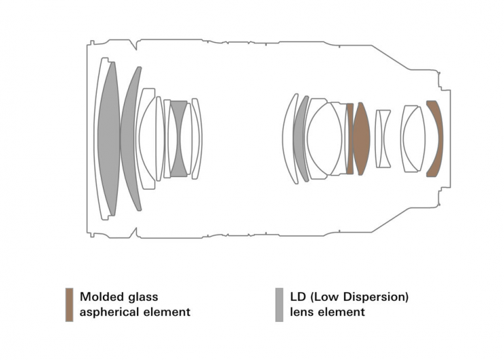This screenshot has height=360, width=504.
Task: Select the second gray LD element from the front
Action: pos(131,140)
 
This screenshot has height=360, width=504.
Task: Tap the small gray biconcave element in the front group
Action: pos(178,139)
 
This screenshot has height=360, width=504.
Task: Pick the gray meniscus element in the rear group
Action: pos(300,139)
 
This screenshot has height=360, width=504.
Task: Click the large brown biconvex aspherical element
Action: pos(361,139)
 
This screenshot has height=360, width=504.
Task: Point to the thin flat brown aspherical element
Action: pos(350,139)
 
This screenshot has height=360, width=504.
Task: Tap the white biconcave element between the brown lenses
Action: pos(383,139)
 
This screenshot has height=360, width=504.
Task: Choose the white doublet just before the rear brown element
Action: pos(411,139)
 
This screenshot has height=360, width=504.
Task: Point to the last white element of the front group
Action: pos(196,139)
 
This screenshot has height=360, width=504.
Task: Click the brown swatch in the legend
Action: pos(69,304)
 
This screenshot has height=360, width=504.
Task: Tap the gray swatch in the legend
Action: pos(279,304)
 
